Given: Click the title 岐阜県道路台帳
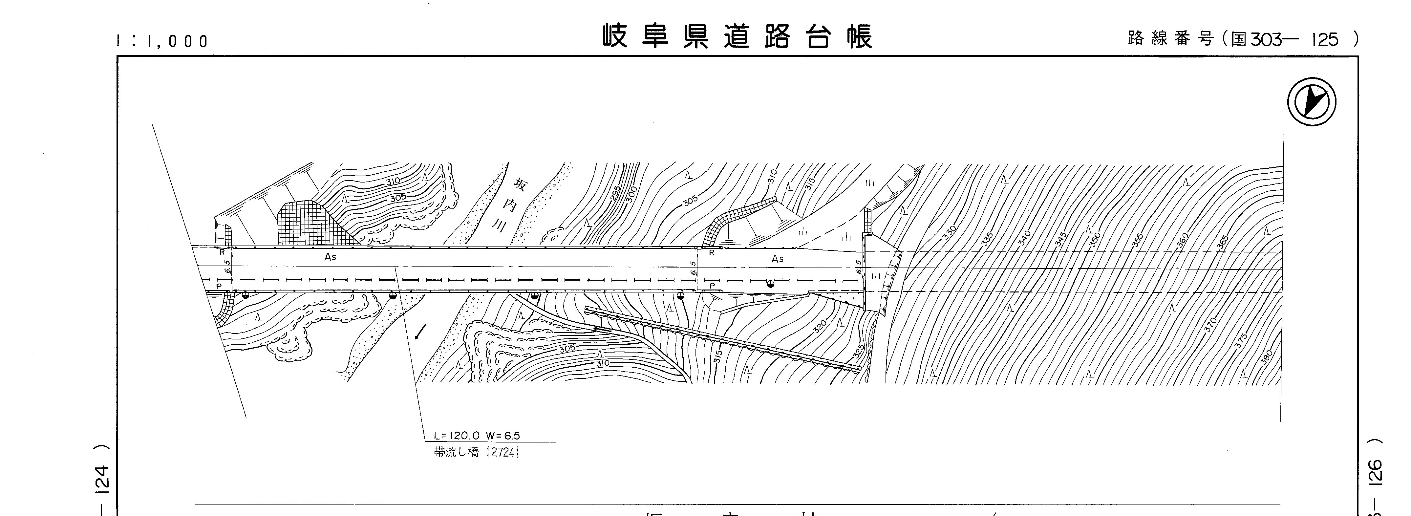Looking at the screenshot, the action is [x=737, y=37].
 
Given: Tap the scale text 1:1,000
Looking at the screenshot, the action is [x=163, y=41].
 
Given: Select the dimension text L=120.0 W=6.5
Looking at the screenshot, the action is [x=477, y=436].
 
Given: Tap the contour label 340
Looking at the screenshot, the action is [x=1023, y=237].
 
